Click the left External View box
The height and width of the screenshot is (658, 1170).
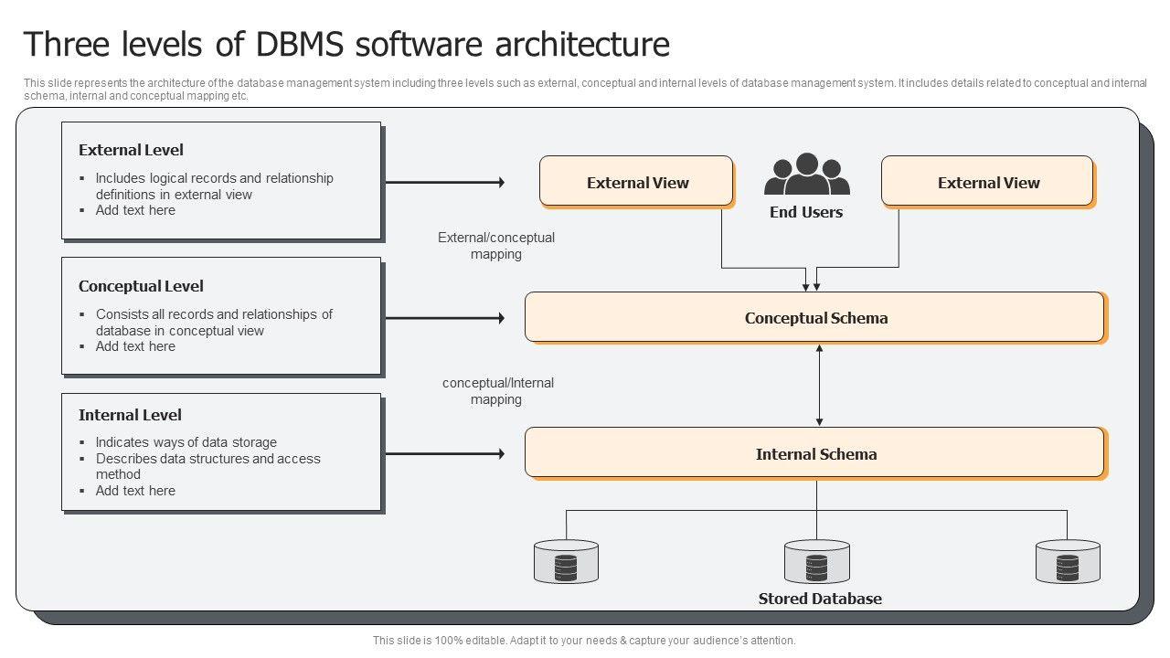(x=636, y=181)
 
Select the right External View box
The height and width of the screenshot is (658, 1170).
(x=987, y=181)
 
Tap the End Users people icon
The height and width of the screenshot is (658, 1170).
(x=806, y=175)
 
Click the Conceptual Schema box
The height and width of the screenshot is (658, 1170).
(x=815, y=317)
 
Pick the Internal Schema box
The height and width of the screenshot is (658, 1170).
(x=815, y=453)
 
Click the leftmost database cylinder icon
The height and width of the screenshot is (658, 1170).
(x=566, y=561)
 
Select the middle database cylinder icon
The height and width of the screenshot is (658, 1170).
(x=816, y=561)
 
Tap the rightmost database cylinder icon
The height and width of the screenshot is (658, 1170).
(x=1068, y=561)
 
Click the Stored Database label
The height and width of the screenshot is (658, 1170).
(x=820, y=600)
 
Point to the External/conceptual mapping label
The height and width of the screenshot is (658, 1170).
(x=496, y=246)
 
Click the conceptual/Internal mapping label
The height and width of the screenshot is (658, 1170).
(x=497, y=391)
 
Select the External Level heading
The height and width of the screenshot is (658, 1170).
(x=131, y=150)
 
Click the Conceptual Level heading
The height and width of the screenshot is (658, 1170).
(x=141, y=286)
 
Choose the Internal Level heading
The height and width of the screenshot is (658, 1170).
(x=130, y=415)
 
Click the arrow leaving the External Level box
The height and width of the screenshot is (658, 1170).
(x=444, y=183)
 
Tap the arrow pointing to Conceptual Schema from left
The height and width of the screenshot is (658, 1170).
(x=444, y=318)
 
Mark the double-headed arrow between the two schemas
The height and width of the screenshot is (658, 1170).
(x=819, y=385)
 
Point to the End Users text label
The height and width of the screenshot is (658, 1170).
(x=806, y=212)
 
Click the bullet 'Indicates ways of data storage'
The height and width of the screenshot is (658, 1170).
(x=186, y=442)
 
